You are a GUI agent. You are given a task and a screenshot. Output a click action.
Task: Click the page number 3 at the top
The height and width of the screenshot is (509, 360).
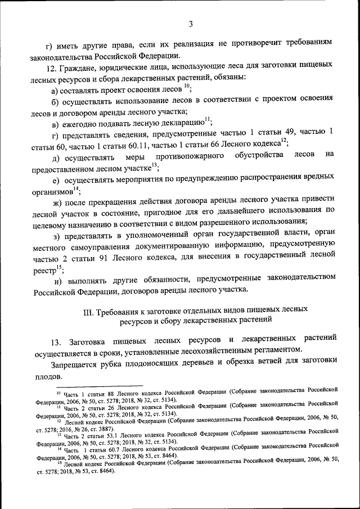point(191,24)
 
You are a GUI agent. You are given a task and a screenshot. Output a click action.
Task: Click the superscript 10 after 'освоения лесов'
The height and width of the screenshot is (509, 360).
point(187,87)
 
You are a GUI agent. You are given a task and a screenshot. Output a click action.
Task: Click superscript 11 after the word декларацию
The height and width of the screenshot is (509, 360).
point(207,120)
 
